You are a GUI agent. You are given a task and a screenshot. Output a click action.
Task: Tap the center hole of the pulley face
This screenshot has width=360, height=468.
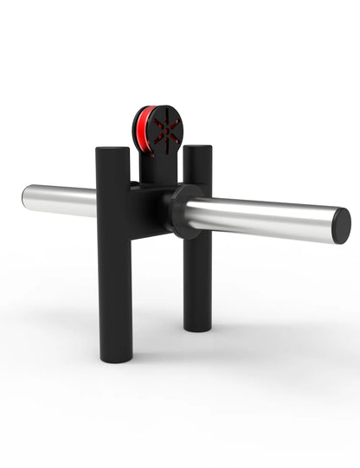coord(164,131)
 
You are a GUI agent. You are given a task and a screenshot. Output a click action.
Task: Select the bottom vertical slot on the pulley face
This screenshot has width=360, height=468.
coord(164,144)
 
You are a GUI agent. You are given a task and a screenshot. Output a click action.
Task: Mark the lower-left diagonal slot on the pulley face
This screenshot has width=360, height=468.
coord(157,139)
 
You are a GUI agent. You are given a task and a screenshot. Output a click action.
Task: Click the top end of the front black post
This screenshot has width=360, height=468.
coord(112,151)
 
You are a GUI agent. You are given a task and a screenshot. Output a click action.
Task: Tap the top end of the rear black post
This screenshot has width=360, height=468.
coord(197,150)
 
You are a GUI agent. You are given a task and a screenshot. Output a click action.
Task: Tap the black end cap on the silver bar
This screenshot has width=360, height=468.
coord(341,226)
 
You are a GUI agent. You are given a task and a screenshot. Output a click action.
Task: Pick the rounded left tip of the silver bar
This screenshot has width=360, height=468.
coord(26,196)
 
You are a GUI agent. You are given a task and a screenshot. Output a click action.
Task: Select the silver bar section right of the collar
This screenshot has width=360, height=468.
coord(260,219)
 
